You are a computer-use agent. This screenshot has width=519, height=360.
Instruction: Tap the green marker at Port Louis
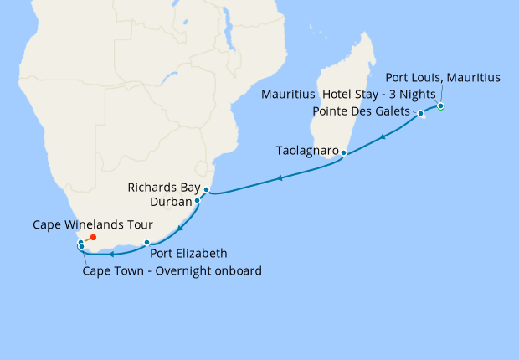441,106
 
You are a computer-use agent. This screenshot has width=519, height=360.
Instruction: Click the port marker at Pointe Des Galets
421,114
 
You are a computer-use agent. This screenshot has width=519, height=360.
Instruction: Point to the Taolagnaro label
307,151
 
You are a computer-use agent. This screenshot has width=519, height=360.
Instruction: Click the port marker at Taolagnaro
343,153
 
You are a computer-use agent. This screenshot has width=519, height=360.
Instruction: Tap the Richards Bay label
162,188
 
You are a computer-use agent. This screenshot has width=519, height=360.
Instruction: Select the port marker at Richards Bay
206,190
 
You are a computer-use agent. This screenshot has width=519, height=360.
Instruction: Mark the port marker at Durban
198,201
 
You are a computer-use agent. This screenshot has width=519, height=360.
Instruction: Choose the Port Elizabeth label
188,253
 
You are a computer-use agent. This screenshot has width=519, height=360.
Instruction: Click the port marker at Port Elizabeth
147,243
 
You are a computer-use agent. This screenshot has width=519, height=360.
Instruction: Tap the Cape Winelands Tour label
93,224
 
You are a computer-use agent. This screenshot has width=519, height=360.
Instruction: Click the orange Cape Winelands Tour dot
93,238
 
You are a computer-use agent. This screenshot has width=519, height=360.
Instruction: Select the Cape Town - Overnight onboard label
172,270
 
